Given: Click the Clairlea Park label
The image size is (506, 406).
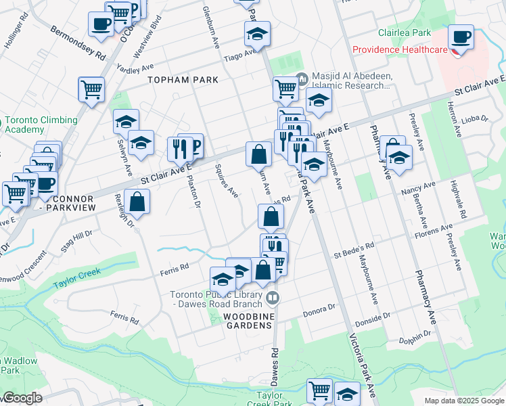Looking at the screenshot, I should (x=405, y=32).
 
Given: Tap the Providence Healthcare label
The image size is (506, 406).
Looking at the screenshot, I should (x=398, y=50).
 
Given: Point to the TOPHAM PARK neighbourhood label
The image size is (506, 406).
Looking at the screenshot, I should (x=183, y=80).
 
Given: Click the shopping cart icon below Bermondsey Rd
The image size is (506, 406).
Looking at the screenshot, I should (x=91, y=89).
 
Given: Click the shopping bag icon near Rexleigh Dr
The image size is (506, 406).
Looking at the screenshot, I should (x=137, y=202).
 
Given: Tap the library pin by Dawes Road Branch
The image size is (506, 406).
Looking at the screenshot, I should (x=273, y=297).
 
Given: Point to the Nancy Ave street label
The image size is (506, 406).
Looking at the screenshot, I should (x=418, y=187).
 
